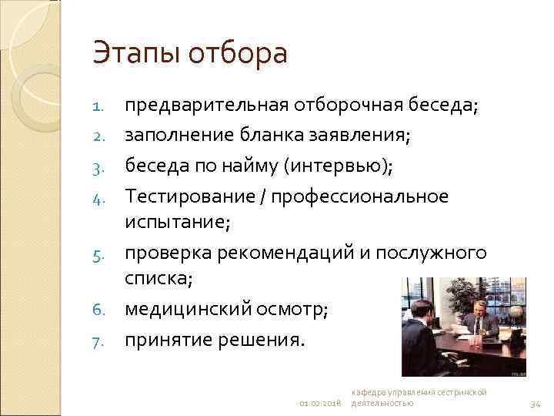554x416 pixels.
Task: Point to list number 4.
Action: [98, 198]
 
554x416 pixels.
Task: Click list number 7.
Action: [98, 341]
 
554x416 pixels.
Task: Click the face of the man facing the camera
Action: [476, 299]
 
